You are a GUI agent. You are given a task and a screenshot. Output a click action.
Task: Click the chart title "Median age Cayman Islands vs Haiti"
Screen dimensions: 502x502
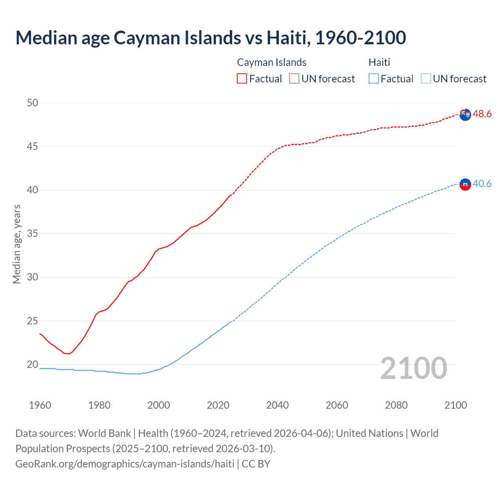211,38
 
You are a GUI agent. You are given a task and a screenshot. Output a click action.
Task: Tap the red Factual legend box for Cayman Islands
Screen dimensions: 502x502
242,78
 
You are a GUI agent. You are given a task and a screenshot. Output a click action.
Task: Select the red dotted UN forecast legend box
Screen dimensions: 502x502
294,78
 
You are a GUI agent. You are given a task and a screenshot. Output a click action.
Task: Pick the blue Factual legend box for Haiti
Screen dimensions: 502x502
374,78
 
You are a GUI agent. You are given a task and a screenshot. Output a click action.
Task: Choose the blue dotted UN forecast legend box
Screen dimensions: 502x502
426,78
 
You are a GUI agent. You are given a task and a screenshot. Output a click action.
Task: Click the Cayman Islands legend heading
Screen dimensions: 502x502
271,62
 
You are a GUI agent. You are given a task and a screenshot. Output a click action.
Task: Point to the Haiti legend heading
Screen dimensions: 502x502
379,62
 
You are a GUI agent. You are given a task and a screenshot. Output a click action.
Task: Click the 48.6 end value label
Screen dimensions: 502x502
482,114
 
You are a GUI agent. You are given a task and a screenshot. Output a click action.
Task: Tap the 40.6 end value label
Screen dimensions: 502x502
482,184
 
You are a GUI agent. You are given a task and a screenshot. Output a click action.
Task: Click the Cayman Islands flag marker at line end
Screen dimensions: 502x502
465,115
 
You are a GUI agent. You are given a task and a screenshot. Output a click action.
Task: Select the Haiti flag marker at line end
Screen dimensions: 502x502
465,184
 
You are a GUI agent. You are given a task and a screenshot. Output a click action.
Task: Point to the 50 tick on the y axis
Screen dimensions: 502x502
33,103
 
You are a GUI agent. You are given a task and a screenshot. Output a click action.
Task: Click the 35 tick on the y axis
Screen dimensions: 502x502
33,234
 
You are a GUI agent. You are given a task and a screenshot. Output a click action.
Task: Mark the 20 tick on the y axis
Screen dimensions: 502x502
33,365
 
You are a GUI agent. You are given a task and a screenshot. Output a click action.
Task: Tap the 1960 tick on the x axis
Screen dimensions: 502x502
40,405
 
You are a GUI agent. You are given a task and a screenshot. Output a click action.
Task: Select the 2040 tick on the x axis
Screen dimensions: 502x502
277,405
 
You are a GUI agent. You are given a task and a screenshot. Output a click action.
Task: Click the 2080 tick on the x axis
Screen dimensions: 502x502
396,405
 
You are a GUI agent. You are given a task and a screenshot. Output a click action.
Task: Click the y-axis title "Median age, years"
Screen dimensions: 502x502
16,244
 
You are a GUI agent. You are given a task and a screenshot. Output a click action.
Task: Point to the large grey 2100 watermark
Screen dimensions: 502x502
413,368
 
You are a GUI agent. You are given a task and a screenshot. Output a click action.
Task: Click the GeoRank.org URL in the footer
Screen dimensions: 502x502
125,464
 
